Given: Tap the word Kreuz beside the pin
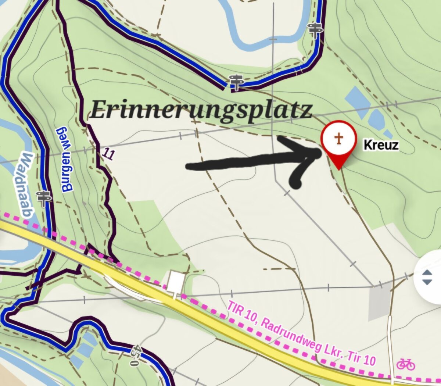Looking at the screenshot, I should pyautogui.click(x=381, y=145).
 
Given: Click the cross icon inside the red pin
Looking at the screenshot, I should pyautogui.click(x=338, y=139).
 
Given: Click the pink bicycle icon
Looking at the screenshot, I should pyautogui.click(x=406, y=364).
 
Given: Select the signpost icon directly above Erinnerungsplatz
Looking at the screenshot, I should pyautogui.click(x=236, y=82).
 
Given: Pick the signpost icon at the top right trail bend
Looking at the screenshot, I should pyautogui.click(x=315, y=29).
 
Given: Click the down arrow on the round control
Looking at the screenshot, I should pyautogui.click(x=427, y=282).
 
